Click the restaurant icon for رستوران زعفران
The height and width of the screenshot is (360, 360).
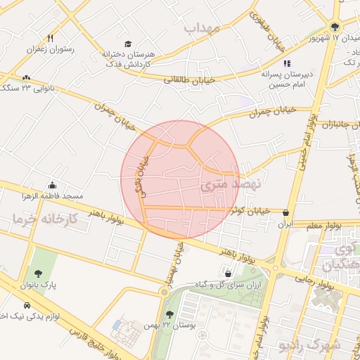[x=49, y=38]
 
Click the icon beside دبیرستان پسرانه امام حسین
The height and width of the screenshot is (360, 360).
[x=266, y=64]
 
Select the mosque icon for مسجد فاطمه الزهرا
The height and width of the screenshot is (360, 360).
[x=52, y=184]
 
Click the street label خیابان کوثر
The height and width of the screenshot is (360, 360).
[x=252, y=210]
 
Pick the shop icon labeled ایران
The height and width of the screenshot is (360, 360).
[x=285, y=212]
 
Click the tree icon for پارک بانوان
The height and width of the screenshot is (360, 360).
[x=38, y=274]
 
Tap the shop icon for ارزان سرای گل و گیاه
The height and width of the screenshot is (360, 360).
[x=227, y=273]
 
